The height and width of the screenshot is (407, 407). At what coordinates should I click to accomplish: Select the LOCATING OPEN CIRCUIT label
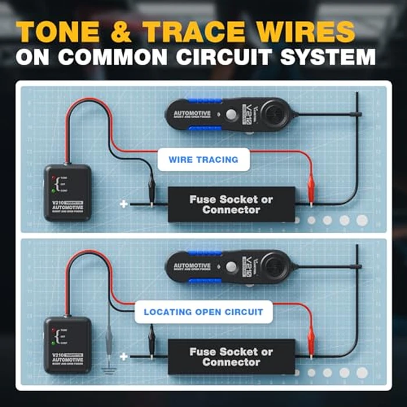pyautogui.click(x=203, y=312)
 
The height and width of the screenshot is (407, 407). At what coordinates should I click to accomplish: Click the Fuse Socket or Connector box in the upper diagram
pyautogui.click(x=230, y=205)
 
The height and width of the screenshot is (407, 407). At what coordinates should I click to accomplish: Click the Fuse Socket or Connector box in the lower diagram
pyautogui.click(x=230, y=357)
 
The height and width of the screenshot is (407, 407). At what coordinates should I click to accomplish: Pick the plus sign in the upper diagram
pyautogui.click(x=124, y=204)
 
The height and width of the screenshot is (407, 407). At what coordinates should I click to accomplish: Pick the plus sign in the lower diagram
pyautogui.click(x=123, y=356)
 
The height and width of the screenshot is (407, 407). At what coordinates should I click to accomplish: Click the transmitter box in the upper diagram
pyautogui.click(x=67, y=192)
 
